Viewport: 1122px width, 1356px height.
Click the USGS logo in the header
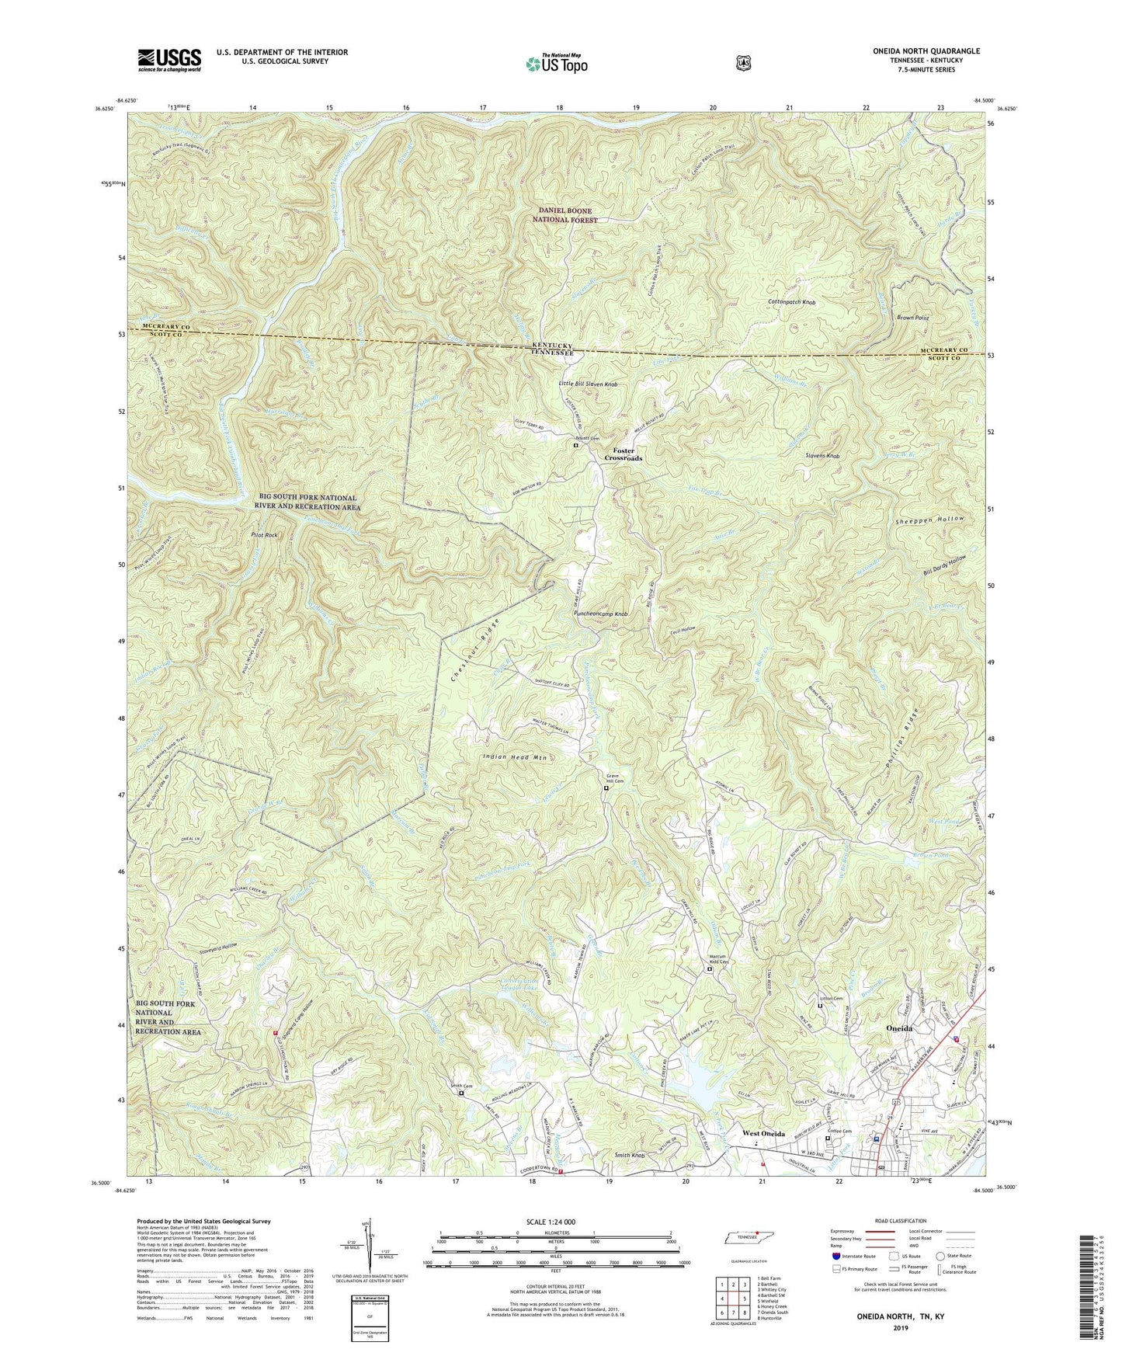point(169,59)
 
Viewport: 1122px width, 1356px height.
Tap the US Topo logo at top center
point(554,63)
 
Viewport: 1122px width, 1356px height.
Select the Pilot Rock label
point(264,536)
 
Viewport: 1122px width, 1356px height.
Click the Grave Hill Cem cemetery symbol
point(606,788)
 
